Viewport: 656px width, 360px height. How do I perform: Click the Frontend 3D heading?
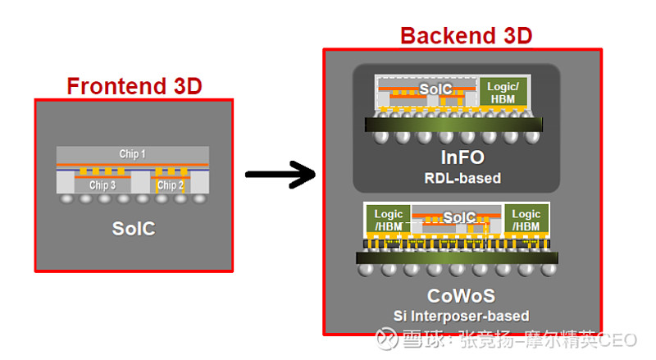134,85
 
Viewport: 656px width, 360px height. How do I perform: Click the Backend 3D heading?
466,35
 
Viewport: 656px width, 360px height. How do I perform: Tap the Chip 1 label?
133,154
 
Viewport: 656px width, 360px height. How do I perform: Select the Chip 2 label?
171,185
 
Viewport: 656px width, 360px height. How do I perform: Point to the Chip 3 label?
102,185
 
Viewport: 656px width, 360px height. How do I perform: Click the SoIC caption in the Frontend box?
133,229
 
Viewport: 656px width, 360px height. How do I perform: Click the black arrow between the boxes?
280,174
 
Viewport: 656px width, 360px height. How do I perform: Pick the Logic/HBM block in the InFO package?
501,92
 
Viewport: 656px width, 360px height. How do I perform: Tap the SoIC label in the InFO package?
435,88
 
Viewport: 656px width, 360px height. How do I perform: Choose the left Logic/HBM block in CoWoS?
388,220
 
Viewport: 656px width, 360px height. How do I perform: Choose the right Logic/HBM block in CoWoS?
526,220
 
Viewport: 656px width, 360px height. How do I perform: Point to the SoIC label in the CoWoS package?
459,217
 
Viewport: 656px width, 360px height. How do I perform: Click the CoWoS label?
461,296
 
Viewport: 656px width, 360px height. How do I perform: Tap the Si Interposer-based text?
461,316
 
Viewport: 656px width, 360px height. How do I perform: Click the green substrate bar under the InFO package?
454,125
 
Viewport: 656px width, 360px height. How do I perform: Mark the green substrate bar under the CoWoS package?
458,257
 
